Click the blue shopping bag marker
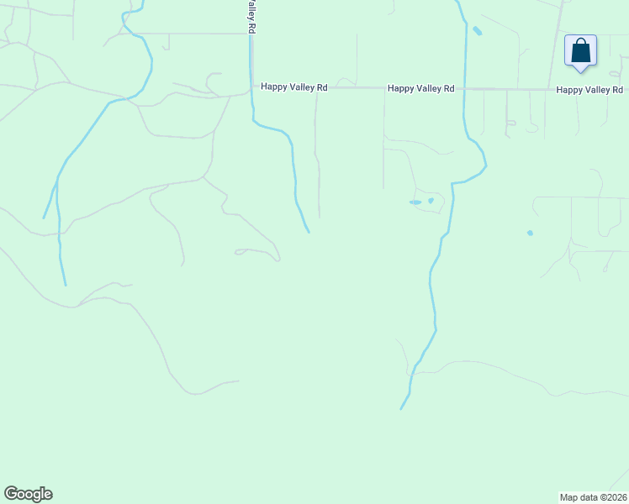(580, 51)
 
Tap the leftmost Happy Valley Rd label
(293, 87)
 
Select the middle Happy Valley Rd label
(420, 88)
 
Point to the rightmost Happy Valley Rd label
(589, 89)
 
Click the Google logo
(28, 494)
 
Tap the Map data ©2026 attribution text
(593, 497)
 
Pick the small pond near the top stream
(478, 31)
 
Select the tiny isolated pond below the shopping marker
(530, 233)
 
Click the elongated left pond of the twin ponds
(415, 202)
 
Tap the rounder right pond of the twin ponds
(431, 200)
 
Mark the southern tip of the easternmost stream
(401, 409)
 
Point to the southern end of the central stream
(309, 232)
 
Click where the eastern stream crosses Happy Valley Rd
(463, 88)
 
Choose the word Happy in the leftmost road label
(273, 87)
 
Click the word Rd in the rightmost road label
(617, 89)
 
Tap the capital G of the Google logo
(11, 493)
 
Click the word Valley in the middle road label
(425, 88)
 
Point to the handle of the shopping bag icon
(580, 43)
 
